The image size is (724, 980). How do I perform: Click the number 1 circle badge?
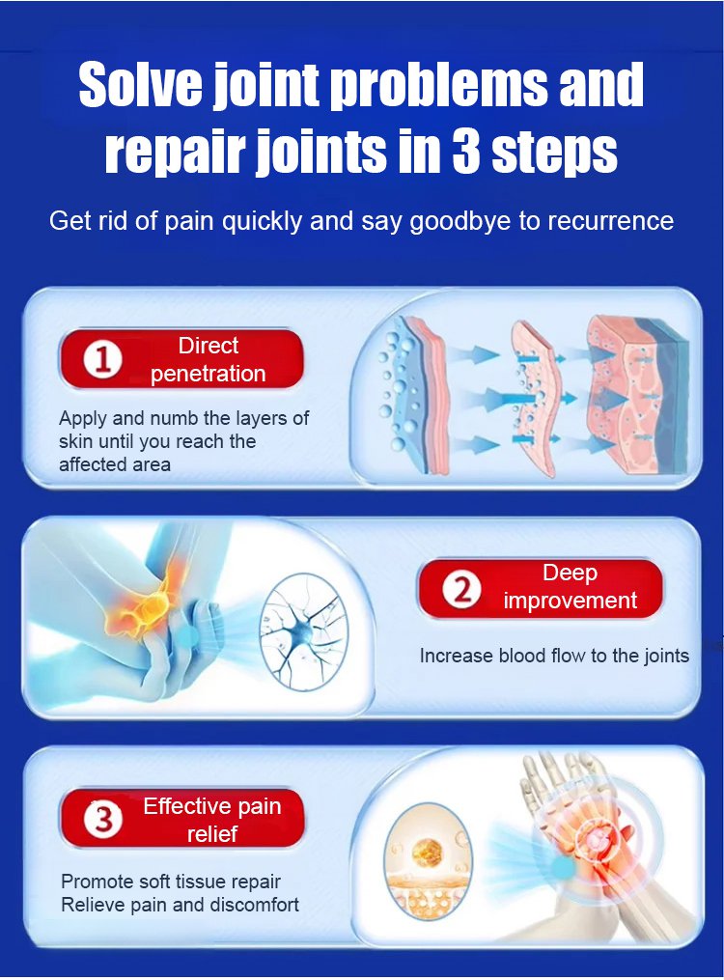pos(103,361)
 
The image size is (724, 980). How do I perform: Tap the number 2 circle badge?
pos(461,589)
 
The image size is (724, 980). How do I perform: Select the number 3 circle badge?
pos(103,820)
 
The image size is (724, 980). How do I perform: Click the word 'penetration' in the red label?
pos(208,374)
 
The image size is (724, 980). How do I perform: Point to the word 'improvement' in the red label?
pos(570,601)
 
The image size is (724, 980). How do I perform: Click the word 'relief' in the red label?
pos(212,834)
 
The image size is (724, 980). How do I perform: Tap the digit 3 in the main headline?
pos(464,151)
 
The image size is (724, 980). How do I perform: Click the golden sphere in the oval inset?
pos(428,851)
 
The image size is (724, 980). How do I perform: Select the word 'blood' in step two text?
pos(523,656)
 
